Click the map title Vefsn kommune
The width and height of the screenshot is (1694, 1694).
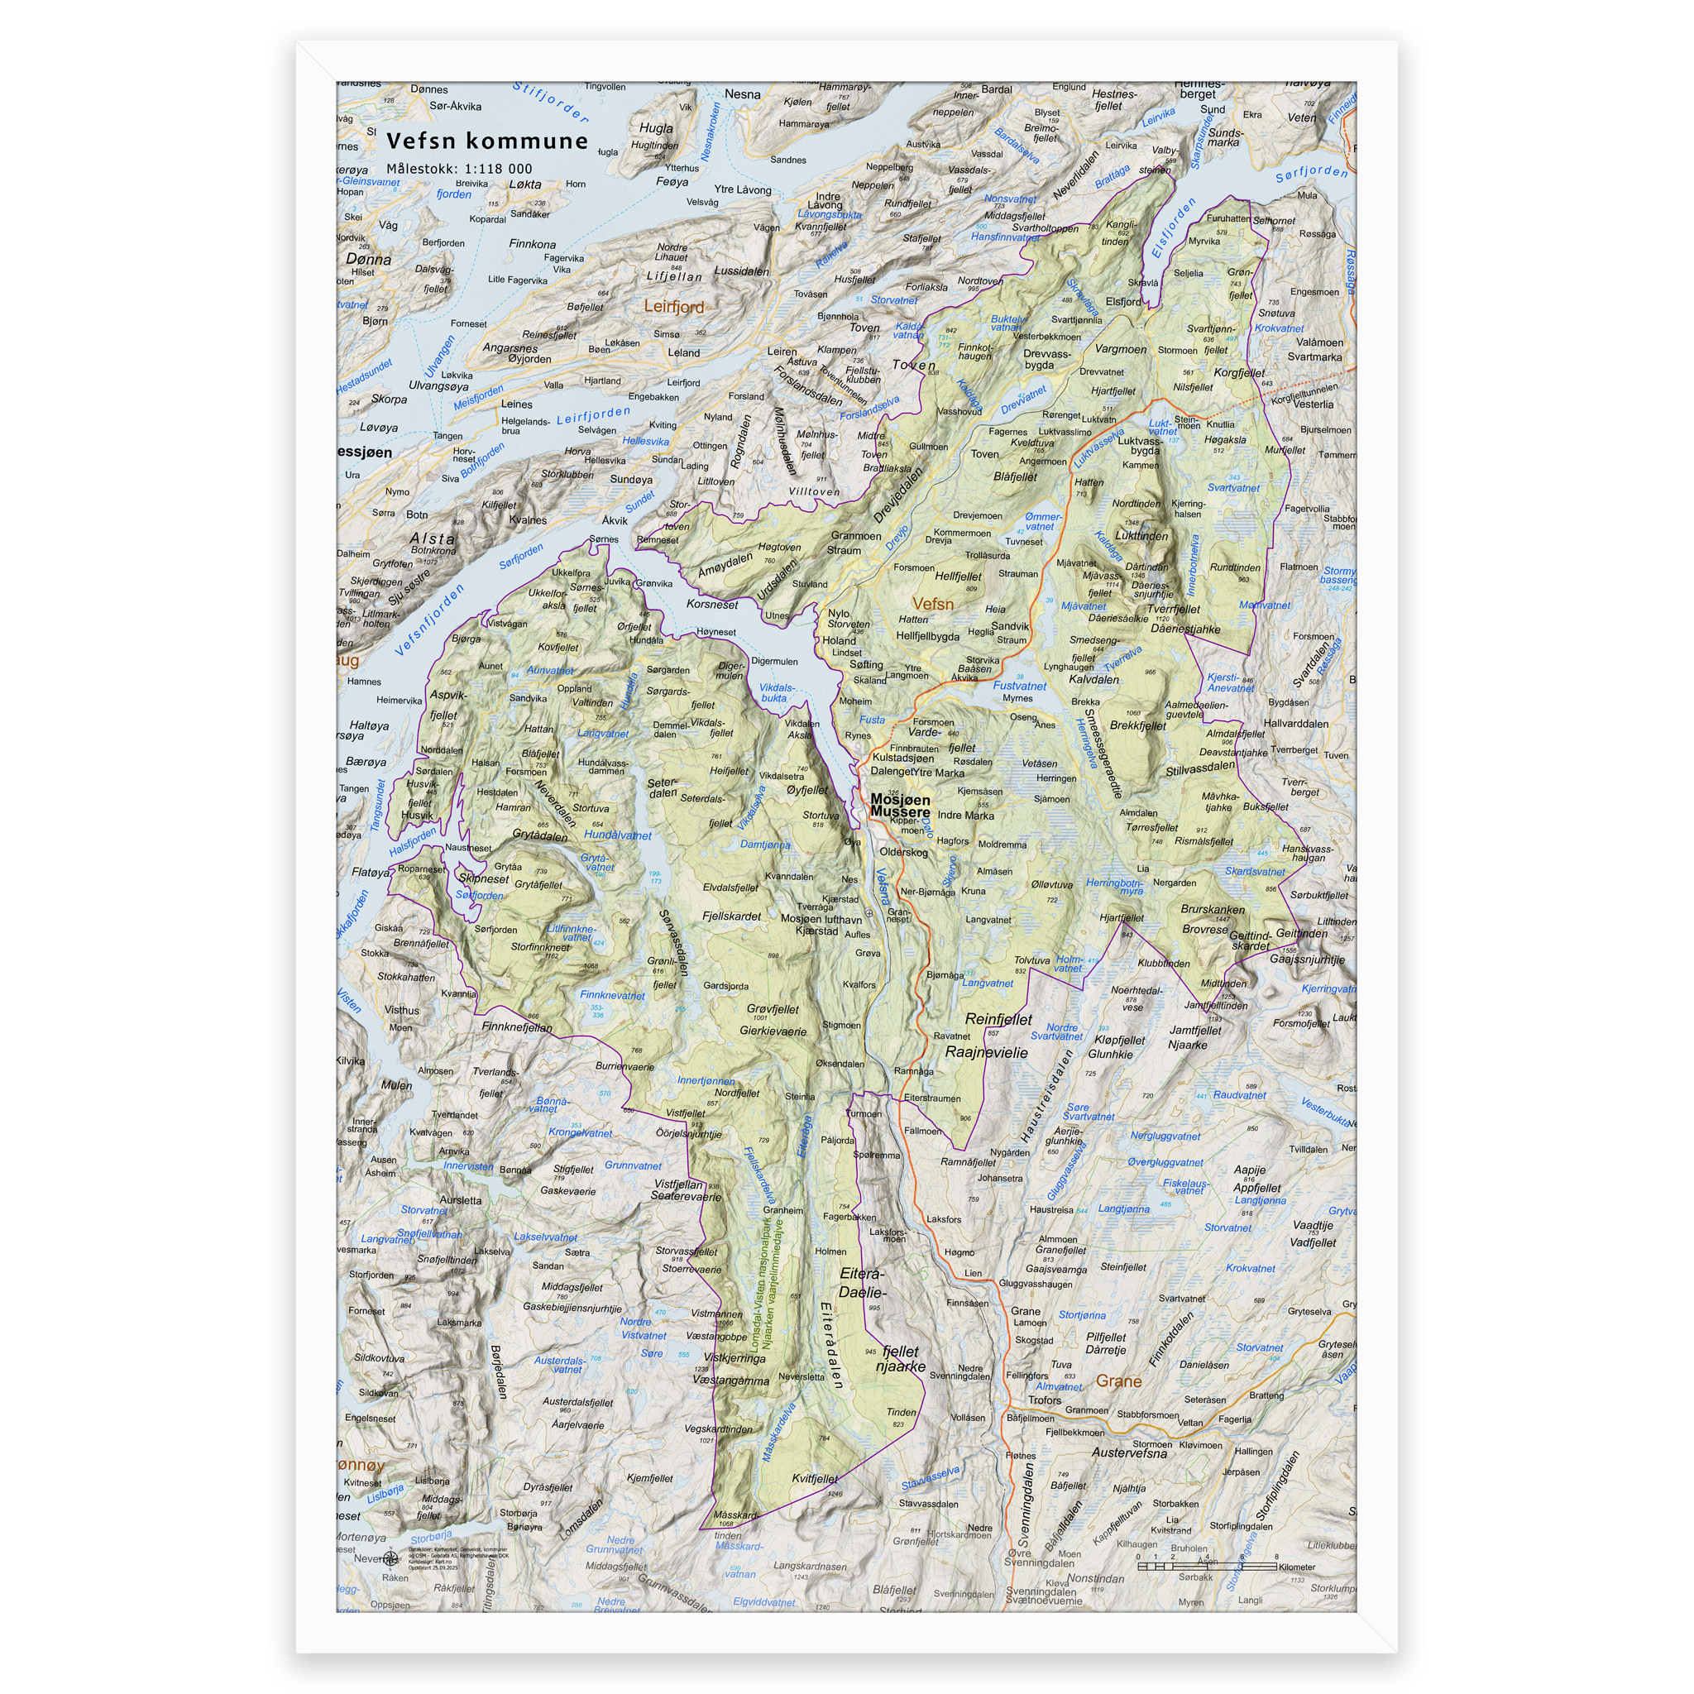(486, 141)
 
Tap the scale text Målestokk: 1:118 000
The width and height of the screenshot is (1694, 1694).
(458, 170)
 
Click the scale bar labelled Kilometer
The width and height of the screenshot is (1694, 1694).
(1207, 1565)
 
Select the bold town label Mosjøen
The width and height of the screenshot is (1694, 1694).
(900, 800)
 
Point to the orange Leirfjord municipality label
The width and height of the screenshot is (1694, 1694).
(673, 306)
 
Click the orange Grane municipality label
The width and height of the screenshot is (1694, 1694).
(1119, 1381)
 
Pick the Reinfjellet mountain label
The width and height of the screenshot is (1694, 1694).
(998, 1019)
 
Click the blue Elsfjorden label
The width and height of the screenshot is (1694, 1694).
(1172, 228)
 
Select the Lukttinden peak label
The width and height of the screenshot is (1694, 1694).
(1141, 536)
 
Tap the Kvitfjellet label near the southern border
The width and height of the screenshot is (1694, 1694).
(815, 1478)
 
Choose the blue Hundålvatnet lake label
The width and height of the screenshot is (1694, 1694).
(617, 835)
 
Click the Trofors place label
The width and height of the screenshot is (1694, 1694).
(1045, 1400)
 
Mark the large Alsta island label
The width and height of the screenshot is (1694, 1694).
(433, 538)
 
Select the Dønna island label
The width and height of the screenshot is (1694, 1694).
(368, 260)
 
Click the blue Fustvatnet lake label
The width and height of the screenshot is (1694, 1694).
(1019, 686)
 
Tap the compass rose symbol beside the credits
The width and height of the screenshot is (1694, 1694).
(391, 1558)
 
